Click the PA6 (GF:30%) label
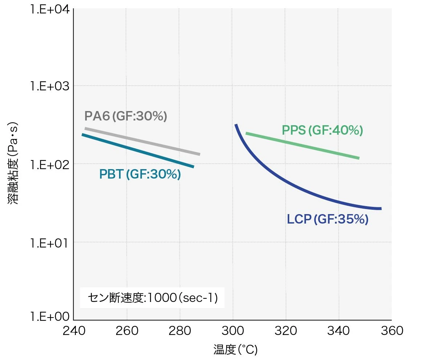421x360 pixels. click(x=126, y=116)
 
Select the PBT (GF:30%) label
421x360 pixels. click(x=140, y=175)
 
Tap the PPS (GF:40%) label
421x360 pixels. click(x=322, y=131)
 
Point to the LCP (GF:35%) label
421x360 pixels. click(x=327, y=220)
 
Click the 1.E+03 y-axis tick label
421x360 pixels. click(x=50, y=86)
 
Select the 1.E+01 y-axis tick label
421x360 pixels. click(x=50, y=242)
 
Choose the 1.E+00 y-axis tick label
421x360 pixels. click(x=50, y=317)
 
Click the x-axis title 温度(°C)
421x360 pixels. click(x=235, y=350)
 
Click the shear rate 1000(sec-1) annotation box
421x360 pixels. click(x=152, y=298)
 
